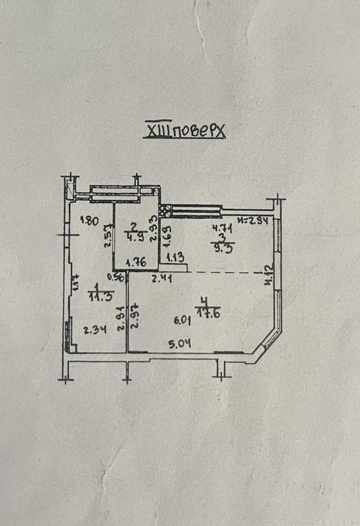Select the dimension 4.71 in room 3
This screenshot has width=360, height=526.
pos(220,226)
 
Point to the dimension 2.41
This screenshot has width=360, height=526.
pos(163,279)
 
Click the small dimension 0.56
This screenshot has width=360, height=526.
pos(115,278)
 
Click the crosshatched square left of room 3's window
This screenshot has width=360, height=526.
pos(163,210)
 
